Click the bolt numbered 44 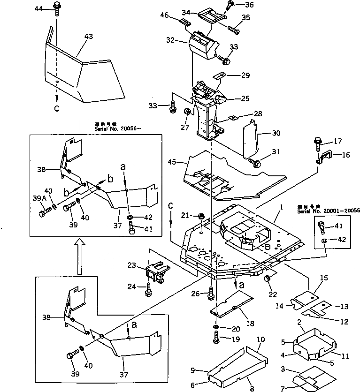(57, 8)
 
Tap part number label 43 (89, 36)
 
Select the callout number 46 (165, 15)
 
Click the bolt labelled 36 (230, 6)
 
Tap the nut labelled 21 (201, 216)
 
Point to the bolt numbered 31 (256, 162)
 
